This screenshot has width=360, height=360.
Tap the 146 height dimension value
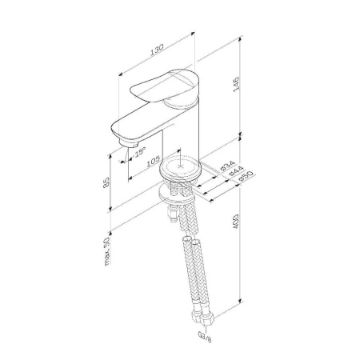(236, 85)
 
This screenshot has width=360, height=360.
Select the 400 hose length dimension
(236, 222)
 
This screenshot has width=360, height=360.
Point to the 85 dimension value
(106, 182)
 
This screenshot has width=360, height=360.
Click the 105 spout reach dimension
(154, 162)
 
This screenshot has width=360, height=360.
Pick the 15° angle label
(140, 152)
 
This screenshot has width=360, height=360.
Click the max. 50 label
(107, 251)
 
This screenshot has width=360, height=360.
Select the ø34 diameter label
(227, 166)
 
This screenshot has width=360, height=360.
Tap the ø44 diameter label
(236, 171)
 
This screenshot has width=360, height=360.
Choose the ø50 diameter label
(246, 176)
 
